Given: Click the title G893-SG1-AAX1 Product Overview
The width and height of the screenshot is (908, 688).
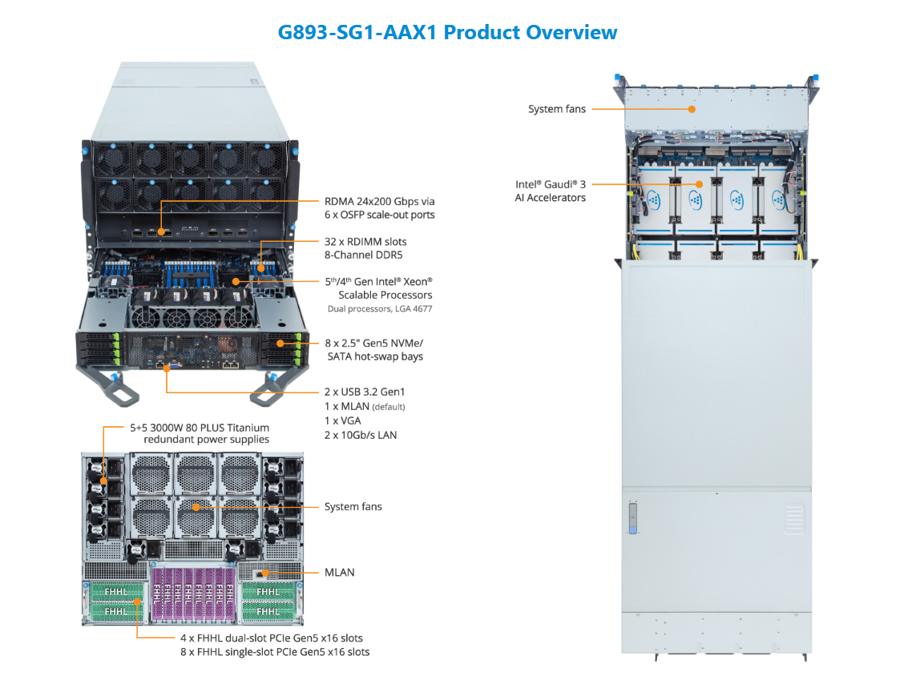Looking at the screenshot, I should pyautogui.click(x=447, y=32).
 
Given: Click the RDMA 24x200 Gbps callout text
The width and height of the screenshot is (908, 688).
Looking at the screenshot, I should pyautogui.click(x=380, y=202).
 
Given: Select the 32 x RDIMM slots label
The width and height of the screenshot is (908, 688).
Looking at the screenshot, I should pyautogui.click(x=365, y=241).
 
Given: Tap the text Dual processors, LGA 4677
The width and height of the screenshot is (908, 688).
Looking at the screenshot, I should pyautogui.click(x=380, y=308).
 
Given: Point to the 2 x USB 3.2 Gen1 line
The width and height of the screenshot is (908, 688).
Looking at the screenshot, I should pyautogui.click(x=365, y=392).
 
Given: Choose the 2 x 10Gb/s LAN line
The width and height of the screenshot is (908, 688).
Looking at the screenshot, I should pyautogui.click(x=361, y=435).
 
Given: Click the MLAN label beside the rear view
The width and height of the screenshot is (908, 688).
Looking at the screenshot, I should pyautogui.click(x=339, y=573).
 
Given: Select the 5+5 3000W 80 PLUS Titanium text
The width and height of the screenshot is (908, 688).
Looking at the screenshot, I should pyautogui.click(x=200, y=428).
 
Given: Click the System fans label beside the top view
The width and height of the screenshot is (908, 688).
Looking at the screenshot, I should pyautogui.click(x=557, y=109).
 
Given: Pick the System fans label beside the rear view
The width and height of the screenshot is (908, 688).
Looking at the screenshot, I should pyautogui.click(x=353, y=507).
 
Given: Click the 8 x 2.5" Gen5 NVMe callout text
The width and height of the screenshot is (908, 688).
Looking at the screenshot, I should pyautogui.click(x=374, y=343).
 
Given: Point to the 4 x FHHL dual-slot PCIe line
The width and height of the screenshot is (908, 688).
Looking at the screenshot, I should pyautogui.click(x=272, y=638).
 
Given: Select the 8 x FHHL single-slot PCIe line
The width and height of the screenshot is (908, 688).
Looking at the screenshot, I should pyautogui.click(x=275, y=652).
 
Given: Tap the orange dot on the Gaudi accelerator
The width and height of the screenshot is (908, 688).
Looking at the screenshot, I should pyautogui.click(x=699, y=183).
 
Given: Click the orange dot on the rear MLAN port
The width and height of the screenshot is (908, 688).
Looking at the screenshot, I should pyautogui.click(x=264, y=573).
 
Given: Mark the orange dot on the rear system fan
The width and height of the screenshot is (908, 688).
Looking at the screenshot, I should pyautogui.click(x=195, y=507).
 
